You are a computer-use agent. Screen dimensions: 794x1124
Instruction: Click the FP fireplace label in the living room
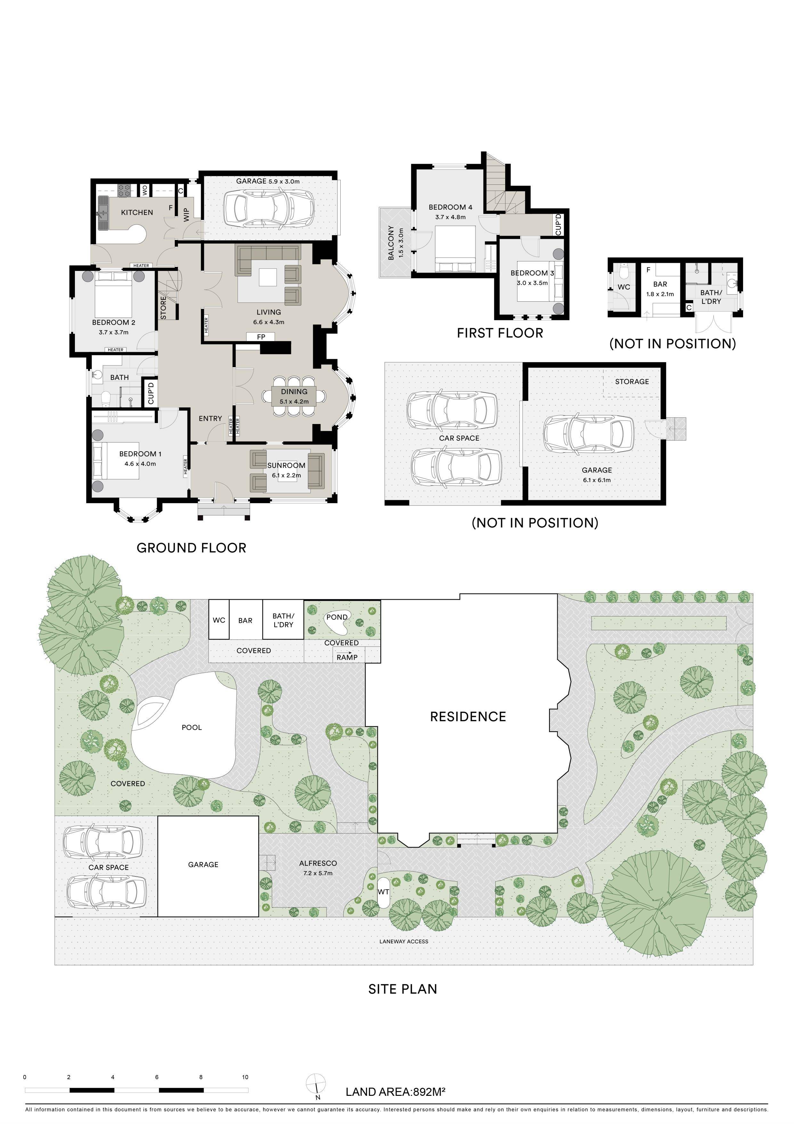coord(261,337)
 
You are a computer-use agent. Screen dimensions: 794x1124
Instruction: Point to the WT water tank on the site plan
coord(383,892)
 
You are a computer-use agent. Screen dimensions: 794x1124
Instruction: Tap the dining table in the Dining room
coord(294,395)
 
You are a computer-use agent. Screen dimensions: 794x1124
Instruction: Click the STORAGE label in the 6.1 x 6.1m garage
coord(632,381)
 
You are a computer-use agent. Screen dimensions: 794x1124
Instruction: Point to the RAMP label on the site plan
coord(347,657)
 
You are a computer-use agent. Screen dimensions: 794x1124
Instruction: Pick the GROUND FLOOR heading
coord(191,548)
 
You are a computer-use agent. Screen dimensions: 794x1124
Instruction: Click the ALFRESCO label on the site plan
coord(318,863)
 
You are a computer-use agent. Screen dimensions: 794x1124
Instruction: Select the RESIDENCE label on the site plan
coord(468,717)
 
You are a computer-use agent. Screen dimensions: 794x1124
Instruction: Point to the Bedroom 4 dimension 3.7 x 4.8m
coord(450,217)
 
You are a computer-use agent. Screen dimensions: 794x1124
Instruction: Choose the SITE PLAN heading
coord(402,989)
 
